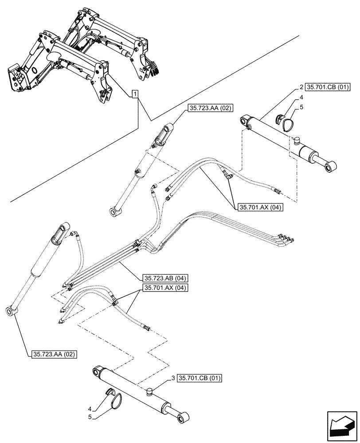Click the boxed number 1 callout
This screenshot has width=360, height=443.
coord(135,94)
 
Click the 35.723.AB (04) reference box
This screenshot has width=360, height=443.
coord(165,278)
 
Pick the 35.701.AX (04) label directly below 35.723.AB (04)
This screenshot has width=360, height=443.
coord(165,288)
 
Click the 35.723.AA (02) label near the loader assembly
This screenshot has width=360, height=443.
coord(211,108)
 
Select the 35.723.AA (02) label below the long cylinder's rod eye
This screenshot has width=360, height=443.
coord(55,354)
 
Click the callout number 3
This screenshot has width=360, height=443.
coord(173,378)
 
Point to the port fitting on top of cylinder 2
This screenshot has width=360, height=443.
coord(297,141)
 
